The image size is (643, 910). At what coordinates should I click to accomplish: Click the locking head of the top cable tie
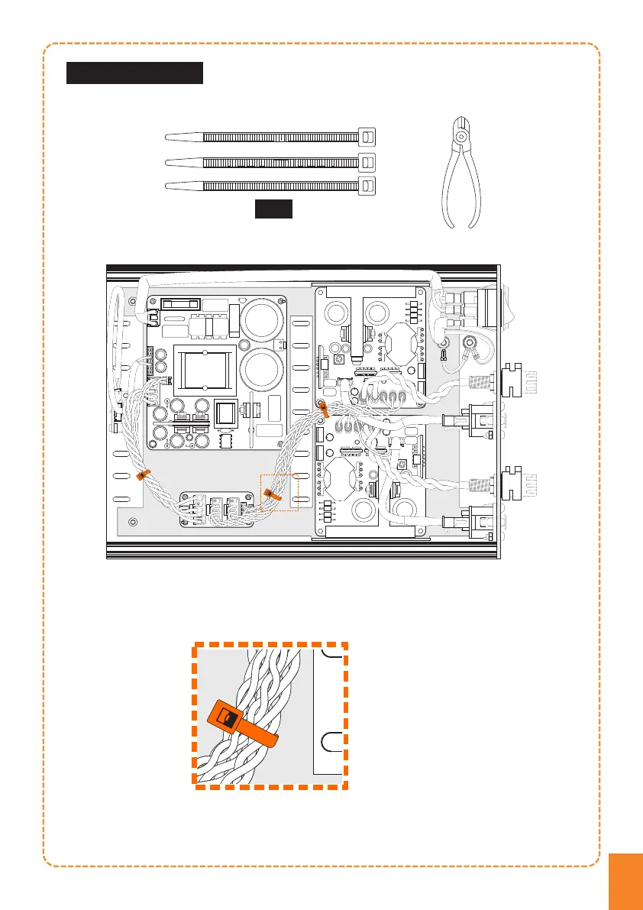click(x=368, y=137)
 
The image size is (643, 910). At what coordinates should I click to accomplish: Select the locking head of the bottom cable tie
click(x=368, y=186)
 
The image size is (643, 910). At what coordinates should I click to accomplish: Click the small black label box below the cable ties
click(x=273, y=209)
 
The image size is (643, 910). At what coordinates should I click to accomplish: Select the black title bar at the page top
click(x=134, y=73)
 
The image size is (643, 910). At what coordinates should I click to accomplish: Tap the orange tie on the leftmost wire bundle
click(x=143, y=475)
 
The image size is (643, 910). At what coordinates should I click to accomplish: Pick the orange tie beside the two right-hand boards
click(x=324, y=409)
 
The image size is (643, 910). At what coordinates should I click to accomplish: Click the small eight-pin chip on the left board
click(x=226, y=442)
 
